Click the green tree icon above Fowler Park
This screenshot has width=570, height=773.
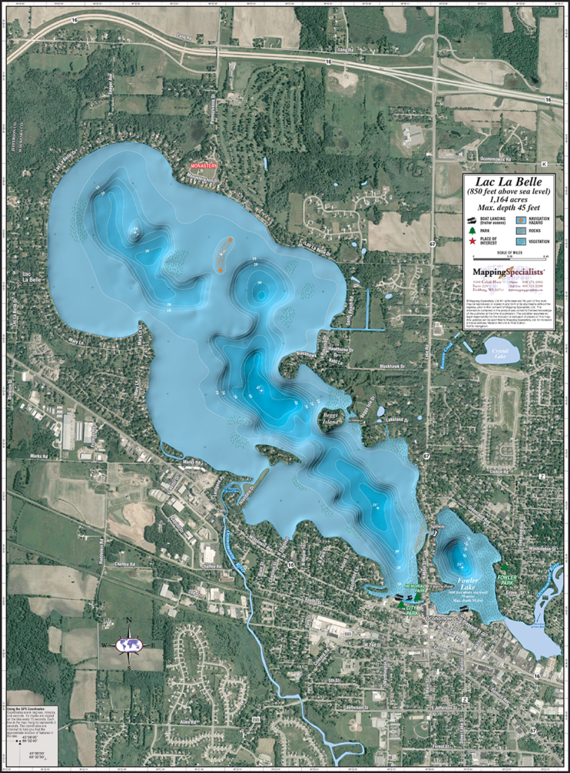point(505,568)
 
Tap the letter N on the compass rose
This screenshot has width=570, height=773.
point(128,620)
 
